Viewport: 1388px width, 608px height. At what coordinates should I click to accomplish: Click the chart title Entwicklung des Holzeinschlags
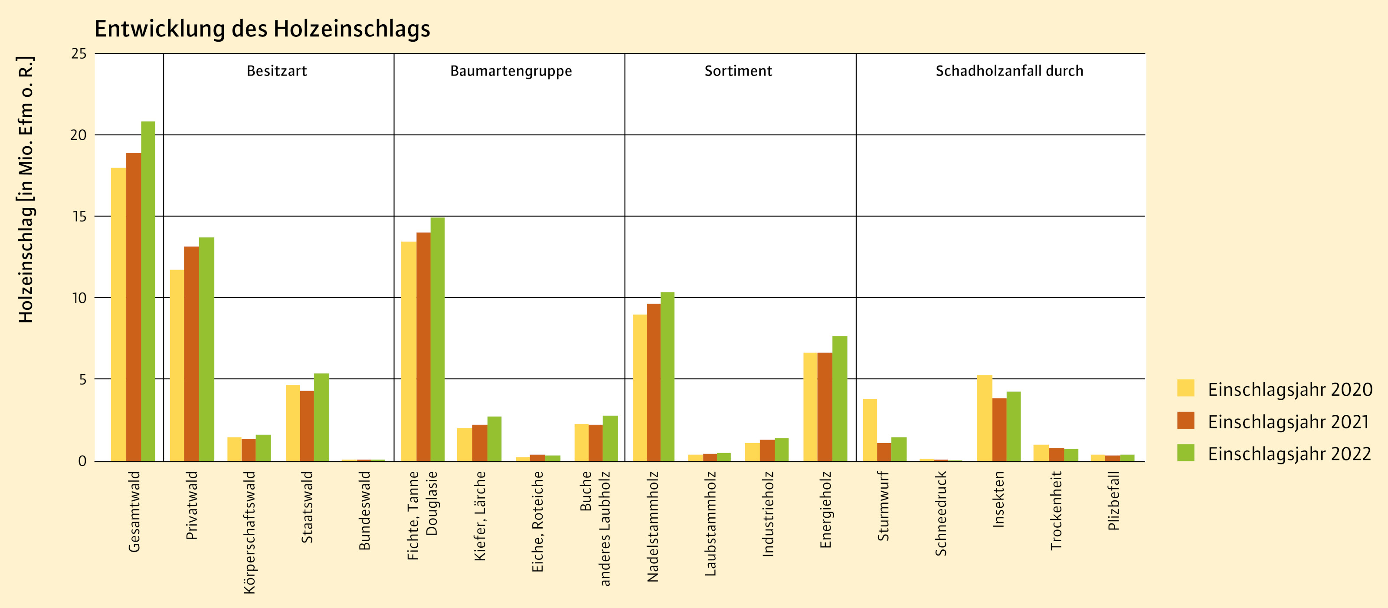point(262,29)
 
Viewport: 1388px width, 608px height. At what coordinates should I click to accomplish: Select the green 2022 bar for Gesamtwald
point(148,291)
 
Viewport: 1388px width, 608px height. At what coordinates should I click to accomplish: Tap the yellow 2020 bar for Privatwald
point(177,365)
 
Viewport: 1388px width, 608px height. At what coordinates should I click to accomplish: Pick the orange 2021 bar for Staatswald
point(307,426)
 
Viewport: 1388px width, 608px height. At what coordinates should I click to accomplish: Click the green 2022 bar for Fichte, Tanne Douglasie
point(438,339)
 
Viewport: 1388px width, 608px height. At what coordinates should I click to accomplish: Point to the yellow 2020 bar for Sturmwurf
point(870,430)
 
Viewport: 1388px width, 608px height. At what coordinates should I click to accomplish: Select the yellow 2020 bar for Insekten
point(985,418)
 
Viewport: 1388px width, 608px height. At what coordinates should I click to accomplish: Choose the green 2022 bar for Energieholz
point(839,399)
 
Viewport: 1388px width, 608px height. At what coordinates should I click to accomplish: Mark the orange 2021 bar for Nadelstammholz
point(654,383)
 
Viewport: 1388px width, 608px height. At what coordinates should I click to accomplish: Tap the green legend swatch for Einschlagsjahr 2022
point(1185,453)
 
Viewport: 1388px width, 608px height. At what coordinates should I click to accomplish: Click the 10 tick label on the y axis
point(79,298)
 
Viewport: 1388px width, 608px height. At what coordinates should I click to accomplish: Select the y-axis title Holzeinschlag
point(26,189)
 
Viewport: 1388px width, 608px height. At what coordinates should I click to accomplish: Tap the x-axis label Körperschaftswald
point(249,532)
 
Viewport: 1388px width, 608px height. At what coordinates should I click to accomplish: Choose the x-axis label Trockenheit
point(1056,510)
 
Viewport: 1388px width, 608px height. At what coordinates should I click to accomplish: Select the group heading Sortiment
point(738,71)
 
